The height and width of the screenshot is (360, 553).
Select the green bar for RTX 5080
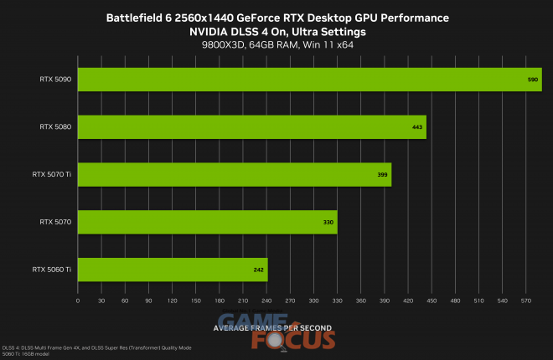[x=251, y=126]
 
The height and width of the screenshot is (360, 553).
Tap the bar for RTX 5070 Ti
[x=234, y=174]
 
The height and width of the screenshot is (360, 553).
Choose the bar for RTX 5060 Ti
[x=172, y=270]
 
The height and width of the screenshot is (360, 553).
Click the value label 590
[x=532, y=79]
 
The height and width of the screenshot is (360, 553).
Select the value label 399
[x=383, y=174]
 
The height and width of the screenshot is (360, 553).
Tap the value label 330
[x=328, y=222]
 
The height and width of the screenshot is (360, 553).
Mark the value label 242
[x=259, y=270]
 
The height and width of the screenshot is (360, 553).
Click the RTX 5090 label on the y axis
[x=54, y=79]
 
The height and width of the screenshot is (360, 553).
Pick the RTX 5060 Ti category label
[x=51, y=270]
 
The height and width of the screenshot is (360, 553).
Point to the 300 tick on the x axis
[x=313, y=300]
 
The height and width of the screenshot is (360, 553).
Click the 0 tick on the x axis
[x=77, y=300]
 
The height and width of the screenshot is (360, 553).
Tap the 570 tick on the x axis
[x=525, y=300]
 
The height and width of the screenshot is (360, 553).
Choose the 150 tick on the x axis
[x=195, y=300]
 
